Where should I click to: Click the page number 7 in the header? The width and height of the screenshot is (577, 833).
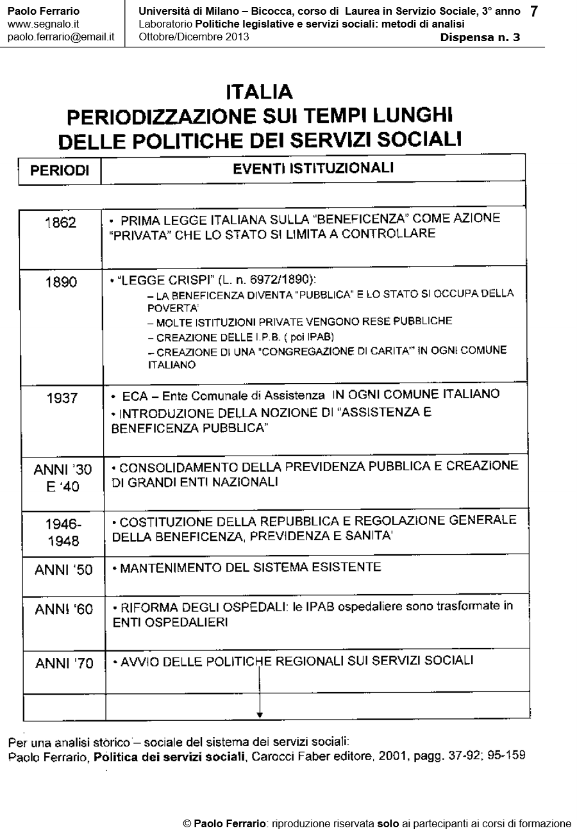pos(534,12)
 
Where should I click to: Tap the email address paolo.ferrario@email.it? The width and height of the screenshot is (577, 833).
pos(61,37)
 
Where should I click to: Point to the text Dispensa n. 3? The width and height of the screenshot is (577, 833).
pos(480,37)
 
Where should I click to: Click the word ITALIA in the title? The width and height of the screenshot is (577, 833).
pos(259,92)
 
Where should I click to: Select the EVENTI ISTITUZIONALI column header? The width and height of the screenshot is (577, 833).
pos(313,169)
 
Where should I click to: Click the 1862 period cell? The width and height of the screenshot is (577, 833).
pos(61,223)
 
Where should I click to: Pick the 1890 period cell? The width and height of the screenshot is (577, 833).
pos(61,283)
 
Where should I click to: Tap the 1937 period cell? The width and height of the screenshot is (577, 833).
pos(62,398)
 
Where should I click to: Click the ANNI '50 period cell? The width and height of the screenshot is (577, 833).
pos(63,570)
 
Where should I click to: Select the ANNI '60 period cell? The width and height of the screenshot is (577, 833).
pos(64,609)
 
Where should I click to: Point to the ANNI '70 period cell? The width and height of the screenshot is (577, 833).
pos(64,664)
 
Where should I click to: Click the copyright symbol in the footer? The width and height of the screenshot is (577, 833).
pos(187,823)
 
